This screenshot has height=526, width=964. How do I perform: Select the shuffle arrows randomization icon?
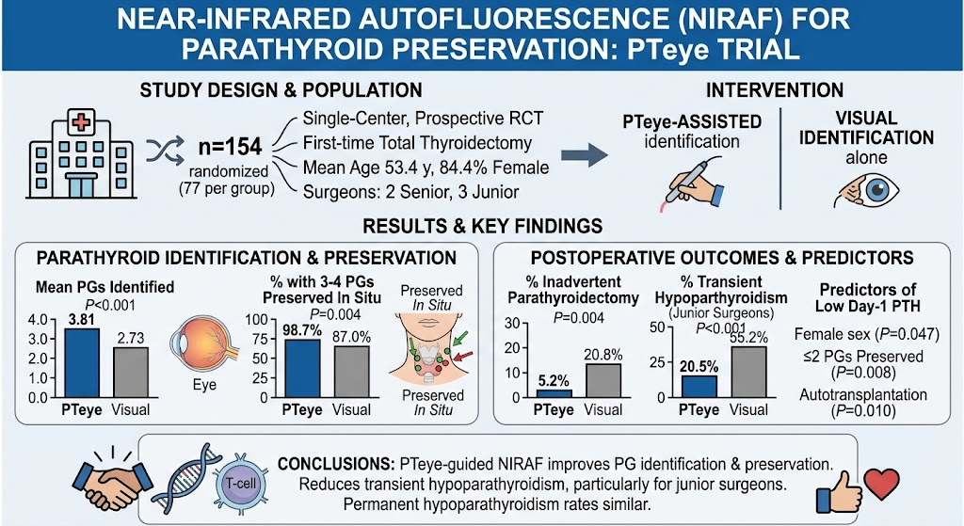[166, 150]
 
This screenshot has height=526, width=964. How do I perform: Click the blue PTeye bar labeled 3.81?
[82, 363]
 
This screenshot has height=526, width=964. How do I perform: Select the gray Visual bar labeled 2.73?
[131, 373]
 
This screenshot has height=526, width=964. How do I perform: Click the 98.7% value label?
[302, 330]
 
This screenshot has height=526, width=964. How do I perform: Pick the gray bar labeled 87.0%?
[352, 372]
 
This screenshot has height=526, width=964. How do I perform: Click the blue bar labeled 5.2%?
[554, 394]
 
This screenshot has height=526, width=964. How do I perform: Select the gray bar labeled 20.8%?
[603, 381]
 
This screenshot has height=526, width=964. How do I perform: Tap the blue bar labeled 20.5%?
[699, 387]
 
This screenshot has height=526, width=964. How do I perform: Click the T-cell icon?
[240, 484]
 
